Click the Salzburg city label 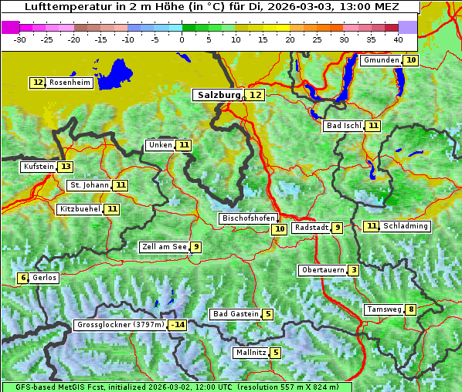[x=217, y=95]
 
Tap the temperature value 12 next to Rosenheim [x=38, y=83]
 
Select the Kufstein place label [x=38, y=167]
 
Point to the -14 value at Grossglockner [x=178, y=325]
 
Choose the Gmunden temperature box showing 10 [x=411, y=60]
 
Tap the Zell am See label [x=164, y=247]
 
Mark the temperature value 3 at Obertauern [x=353, y=270]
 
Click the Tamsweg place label [x=384, y=309]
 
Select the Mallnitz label [x=250, y=353]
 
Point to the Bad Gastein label [x=236, y=314]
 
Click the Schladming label [x=406, y=226]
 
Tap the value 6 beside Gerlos [x=23, y=278]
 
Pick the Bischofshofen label [x=247, y=218]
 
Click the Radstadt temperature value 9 [x=338, y=228]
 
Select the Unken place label [x=160, y=145]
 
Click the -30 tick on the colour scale [x=20, y=39]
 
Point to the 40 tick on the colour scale [x=398, y=39]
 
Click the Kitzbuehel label [x=80, y=209]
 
